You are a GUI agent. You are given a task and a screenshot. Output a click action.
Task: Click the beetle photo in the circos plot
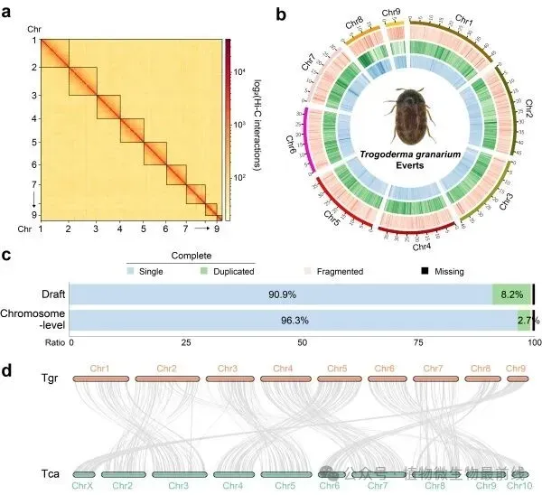click(x=409, y=121)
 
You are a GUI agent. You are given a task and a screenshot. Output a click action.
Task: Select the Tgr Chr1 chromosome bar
click(x=101, y=379)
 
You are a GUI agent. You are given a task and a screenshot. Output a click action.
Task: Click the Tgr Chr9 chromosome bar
click(x=516, y=379)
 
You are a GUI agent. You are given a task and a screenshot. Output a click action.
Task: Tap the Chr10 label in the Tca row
click(x=519, y=486)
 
